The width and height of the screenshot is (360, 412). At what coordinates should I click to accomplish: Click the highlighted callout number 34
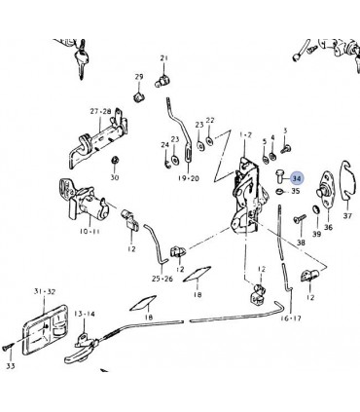[297, 178]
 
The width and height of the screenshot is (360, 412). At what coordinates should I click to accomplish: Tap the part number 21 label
[164, 58]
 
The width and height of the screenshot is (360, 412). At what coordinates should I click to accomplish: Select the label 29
[139, 77]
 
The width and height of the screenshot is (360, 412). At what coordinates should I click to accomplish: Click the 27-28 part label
[100, 111]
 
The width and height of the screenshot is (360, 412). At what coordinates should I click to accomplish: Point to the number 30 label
[115, 177]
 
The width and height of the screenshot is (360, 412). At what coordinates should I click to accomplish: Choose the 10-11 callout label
[90, 231]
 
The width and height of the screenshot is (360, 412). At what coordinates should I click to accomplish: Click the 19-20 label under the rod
[189, 178]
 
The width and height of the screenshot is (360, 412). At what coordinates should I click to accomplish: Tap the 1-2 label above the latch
[245, 134]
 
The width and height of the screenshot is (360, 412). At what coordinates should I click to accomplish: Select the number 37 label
[347, 215]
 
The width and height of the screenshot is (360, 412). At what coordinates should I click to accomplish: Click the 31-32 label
[45, 291]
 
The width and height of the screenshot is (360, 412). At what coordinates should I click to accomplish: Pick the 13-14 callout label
[85, 314]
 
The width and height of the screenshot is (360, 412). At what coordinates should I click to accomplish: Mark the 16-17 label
[291, 318]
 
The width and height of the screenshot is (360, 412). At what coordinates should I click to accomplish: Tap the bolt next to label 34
[279, 175]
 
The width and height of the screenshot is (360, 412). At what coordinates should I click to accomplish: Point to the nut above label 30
[114, 160]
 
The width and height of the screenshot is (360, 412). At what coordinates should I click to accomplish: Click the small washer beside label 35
[279, 191]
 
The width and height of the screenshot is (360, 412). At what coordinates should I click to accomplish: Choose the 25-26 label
[162, 279]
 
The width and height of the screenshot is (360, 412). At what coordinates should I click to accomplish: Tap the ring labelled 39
[316, 209]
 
